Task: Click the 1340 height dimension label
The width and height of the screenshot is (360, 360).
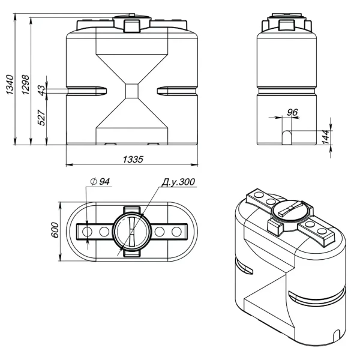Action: tap(10, 85)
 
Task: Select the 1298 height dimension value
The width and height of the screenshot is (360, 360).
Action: tap(25, 85)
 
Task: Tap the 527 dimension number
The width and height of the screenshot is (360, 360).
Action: tap(41, 118)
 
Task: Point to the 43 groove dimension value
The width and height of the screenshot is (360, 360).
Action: tap(41, 90)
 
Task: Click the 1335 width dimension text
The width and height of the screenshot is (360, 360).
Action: tap(133, 159)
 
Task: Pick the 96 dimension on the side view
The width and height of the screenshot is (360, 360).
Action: tap(292, 112)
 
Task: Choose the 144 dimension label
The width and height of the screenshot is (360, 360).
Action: tap(326, 137)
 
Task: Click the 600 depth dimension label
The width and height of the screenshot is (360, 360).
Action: tap(55, 230)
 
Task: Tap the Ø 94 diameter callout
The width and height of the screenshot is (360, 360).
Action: tap(100, 181)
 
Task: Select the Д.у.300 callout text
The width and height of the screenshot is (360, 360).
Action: tap(178, 182)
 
